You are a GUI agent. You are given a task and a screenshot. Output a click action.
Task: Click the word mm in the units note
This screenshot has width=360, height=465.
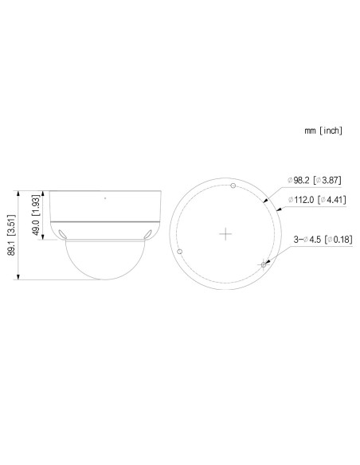(309, 129)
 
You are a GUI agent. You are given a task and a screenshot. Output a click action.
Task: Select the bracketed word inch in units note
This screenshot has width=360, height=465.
(331, 129)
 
